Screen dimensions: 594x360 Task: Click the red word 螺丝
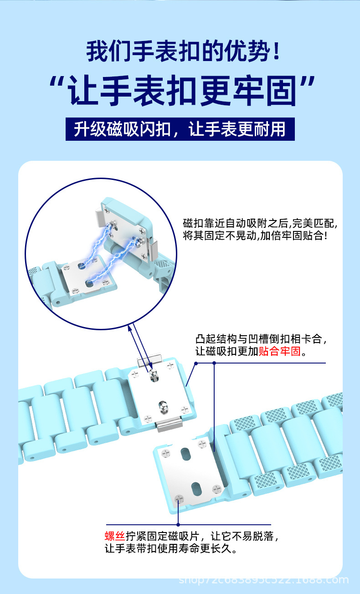pyautogui.click(x=115, y=536)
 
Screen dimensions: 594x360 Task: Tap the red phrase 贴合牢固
pyautogui.click(x=280, y=351)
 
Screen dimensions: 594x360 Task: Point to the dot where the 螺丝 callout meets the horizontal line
pyautogui.click(x=178, y=525)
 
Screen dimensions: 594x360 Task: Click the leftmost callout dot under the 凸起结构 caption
pyautogui.click(x=195, y=363)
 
